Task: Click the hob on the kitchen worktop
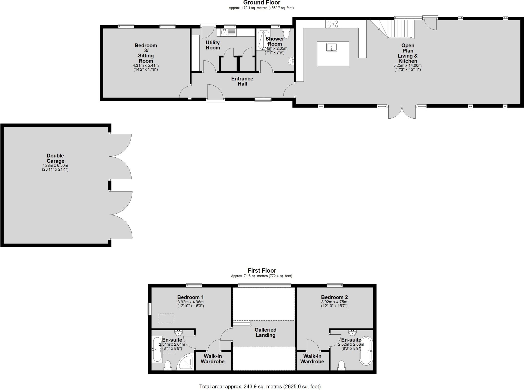pyautogui.click(x=333, y=24)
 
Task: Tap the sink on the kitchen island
pyautogui.click(x=332, y=47)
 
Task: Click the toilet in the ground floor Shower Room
pyautogui.click(x=286, y=33)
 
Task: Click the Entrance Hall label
pyautogui.click(x=242, y=81)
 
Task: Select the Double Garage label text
pyautogui.click(x=55, y=158)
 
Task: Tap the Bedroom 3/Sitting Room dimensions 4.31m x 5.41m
pyautogui.click(x=146, y=66)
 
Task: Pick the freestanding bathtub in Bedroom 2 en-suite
pyautogui.click(x=366, y=351)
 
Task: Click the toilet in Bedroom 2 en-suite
pyautogui.click(x=341, y=366)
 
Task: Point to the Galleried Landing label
pyautogui.click(x=265, y=332)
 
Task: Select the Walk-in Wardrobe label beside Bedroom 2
pyautogui.click(x=312, y=359)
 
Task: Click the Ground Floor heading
pyautogui.click(x=261, y=3)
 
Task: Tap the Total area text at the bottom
pyautogui.click(x=260, y=386)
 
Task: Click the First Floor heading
pyautogui.click(x=261, y=271)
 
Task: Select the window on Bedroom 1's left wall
pyautogui.click(x=149, y=309)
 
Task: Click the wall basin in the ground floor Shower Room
pyautogui.click(x=291, y=61)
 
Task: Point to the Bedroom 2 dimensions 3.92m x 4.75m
pyautogui.click(x=334, y=302)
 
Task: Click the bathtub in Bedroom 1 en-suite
pyautogui.click(x=157, y=350)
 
